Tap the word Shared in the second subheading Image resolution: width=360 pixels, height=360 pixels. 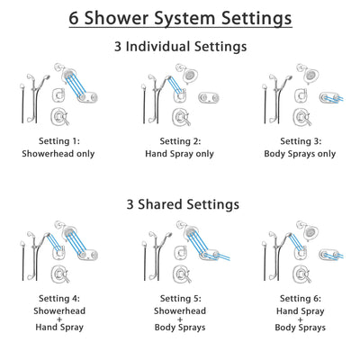(187, 204)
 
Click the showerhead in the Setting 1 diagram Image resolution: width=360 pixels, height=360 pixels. (65, 72)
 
